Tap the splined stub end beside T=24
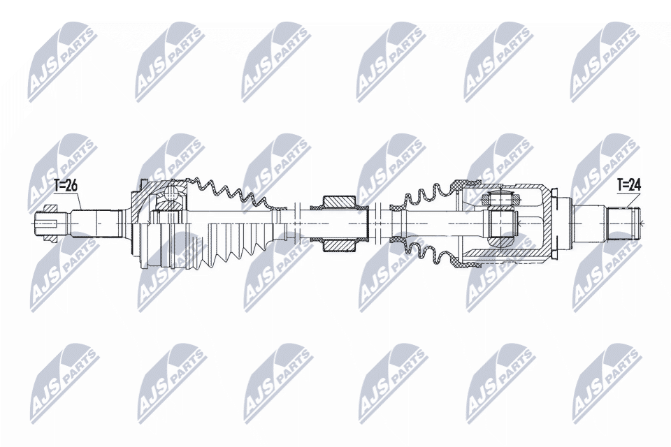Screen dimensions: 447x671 click(623, 223)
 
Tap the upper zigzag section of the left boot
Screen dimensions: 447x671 click(231, 192)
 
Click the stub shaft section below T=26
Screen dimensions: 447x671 click(94, 222)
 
